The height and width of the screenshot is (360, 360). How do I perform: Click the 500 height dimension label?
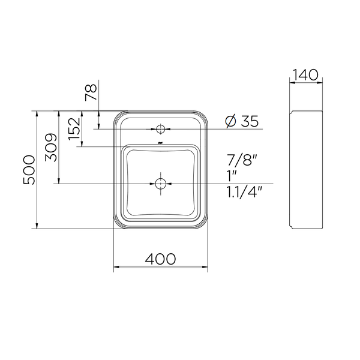pyautogui.click(x=29, y=170)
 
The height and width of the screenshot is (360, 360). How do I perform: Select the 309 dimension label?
pyautogui.click(x=51, y=148)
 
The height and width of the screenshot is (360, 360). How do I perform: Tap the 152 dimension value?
pyautogui.click(x=74, y=129)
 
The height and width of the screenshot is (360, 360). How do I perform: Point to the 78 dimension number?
pyautogui.click(x=91, y=92)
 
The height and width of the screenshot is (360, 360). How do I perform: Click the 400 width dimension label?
pyautogui.click(x=160, y=259)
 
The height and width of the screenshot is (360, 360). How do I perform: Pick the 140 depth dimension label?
pyautogui.click(x=306, y=74)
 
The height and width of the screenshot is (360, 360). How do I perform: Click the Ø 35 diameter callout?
pyautogui.click(x=242, y=121)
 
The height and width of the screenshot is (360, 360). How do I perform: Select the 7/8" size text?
pyautogui.click(x=242, y=160)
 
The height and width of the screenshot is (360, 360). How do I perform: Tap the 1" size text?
pyautogui.click(x=232, y=176)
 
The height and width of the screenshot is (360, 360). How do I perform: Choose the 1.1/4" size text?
pyautogui.click(x=244, y=192)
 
